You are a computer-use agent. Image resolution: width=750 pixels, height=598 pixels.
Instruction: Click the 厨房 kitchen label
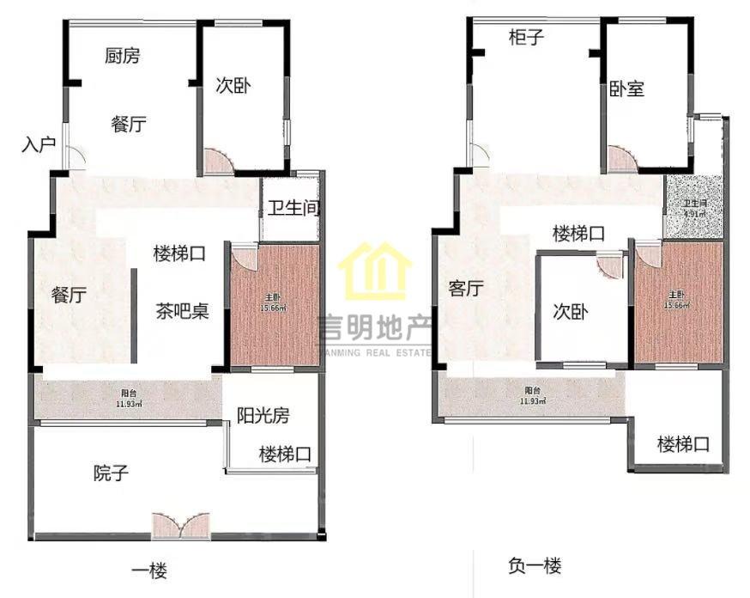(122, 57)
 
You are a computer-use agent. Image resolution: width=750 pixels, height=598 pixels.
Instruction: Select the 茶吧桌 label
(182, 310)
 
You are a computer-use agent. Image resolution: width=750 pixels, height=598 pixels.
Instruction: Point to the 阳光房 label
(263, 417)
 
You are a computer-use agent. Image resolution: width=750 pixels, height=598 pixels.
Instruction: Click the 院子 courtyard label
(112, 473)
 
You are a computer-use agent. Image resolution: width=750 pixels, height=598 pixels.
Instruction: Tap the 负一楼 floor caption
(534, 566)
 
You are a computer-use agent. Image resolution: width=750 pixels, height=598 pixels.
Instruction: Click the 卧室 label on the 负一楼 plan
(627, 88)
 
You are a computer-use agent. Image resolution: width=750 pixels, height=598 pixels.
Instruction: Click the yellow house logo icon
(375, 272)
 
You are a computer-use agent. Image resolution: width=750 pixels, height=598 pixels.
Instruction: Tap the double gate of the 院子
(180, 525)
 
